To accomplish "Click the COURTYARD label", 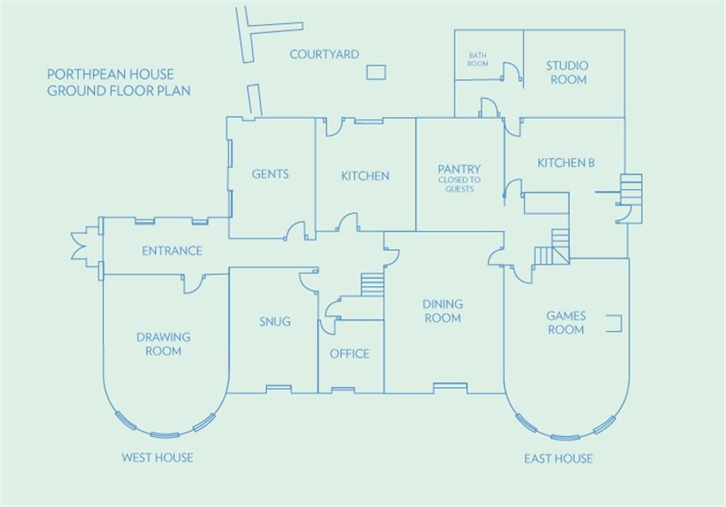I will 324,54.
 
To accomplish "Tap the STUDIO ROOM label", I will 568,73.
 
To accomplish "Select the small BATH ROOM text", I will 478,60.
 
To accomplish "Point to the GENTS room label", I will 270,174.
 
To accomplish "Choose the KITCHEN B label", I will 566,163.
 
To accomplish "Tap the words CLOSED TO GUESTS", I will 459,184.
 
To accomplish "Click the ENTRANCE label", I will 172,251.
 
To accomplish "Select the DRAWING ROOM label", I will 163,344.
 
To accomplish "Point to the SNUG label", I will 274,321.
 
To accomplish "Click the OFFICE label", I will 350,354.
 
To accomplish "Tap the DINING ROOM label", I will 442,311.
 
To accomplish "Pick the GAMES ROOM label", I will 566,323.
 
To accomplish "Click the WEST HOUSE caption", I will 157,458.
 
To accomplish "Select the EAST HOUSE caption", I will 558,458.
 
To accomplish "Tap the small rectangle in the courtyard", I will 375,71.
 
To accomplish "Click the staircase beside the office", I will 372,284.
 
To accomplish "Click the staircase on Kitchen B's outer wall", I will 632,189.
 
